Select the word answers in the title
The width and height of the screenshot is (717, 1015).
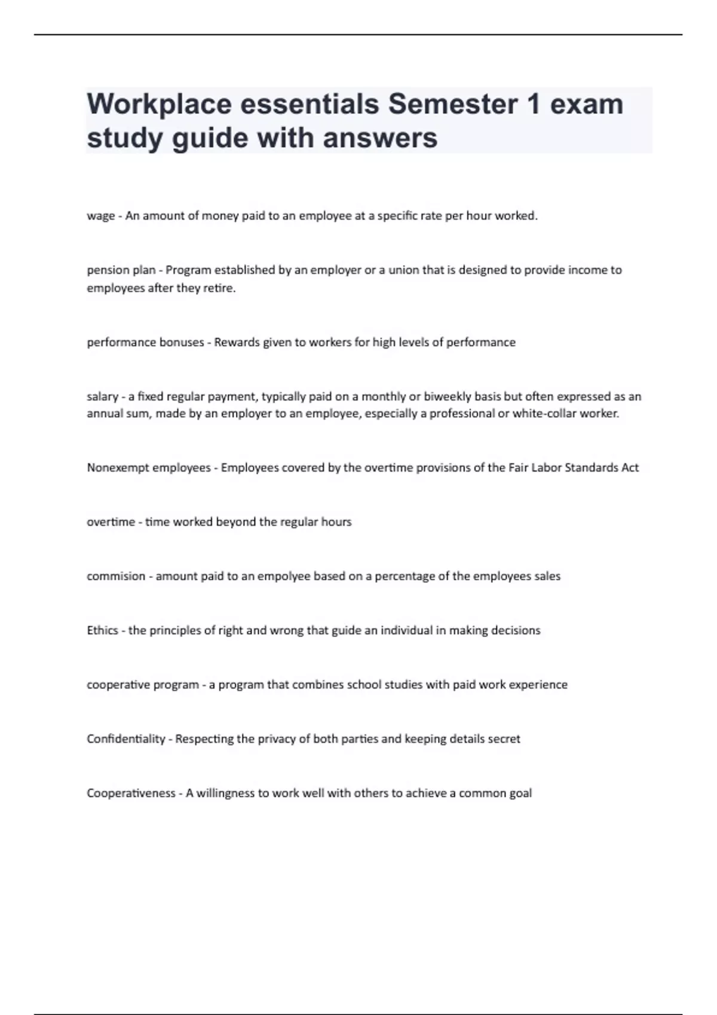(x=380, y=138)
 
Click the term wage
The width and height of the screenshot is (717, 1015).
(x=100, y=216)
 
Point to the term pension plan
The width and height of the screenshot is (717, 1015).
(x=121, y=270)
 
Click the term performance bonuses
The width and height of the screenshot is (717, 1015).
(x=145, y=342)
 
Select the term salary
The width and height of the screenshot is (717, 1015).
(x=102, y=396)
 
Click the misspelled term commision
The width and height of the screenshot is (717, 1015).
(x=116, y=576)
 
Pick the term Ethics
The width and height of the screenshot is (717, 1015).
(x=102, y=630)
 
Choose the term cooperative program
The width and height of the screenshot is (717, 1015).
(x=143, y=685)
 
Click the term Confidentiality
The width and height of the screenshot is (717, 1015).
(x=125, y=739)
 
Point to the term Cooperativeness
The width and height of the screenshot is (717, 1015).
(x=131, y=793)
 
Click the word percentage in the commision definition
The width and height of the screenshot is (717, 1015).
(x=405, y=576)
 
